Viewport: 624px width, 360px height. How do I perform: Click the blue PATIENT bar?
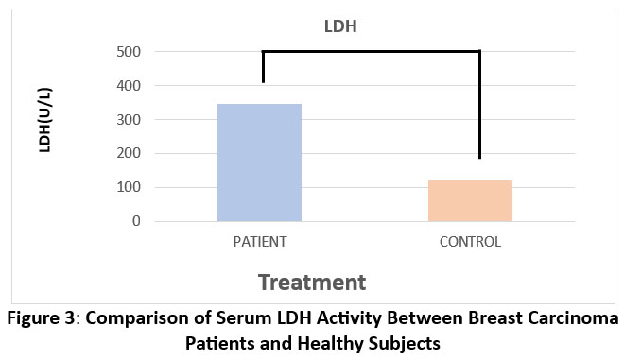(x=259, y=163)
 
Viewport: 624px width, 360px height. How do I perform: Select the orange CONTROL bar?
(x=470, y=201)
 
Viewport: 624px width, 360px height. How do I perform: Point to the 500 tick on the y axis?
(x=129, y=52)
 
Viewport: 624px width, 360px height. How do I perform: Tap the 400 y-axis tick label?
(x=129, y=86)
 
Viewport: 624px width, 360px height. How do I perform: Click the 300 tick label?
(x=129, y=119)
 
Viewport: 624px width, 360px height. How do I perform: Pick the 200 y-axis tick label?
(x=129, y=153)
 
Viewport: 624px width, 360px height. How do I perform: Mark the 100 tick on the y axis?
(x=129, y=187)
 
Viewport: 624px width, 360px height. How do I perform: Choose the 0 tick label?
(x=136, y=221)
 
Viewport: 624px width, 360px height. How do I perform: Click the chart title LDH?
(x=340, y=26)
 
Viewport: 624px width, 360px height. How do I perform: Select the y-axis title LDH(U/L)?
(x=45, y=120)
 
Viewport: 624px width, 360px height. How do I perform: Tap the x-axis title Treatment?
(x=312, y=283)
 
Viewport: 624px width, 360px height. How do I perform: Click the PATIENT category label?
(x=260, y=242)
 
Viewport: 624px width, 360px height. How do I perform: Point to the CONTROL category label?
(x=470, y=242)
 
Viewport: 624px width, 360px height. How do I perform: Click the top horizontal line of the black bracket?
(x=371, y=51)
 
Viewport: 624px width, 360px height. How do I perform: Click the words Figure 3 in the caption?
(x=42, y=318)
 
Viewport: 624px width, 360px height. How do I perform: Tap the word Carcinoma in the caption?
(x=573, y=318)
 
